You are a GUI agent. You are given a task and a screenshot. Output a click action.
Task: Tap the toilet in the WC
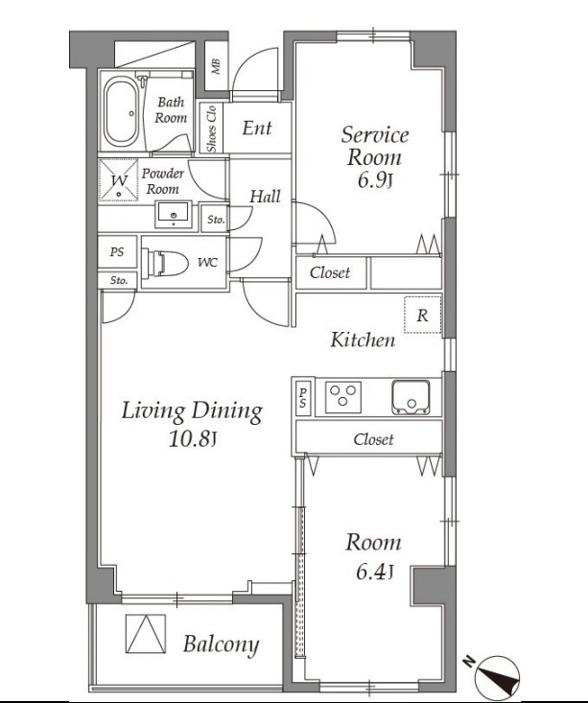(x=165, y=263)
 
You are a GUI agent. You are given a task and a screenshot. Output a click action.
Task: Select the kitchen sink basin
(x=411, y=397)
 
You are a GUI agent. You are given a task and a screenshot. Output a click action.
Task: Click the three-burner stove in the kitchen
(x=343, y=397)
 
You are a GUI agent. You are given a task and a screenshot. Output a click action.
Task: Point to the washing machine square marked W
(x=118, y=180)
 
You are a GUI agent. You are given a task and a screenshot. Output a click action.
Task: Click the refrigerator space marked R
(x=422, y=315)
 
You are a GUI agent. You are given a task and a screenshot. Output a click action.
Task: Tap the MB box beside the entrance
(x=216, y=66)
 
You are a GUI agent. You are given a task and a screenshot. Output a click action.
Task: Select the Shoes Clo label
(x=211, y=129)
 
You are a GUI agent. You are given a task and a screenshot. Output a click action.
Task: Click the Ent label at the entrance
(x=257, y=129)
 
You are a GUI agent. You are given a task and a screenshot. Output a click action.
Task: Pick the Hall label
(x=265, y=197)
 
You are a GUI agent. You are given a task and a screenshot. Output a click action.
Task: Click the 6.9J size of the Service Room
(x=375, y=180)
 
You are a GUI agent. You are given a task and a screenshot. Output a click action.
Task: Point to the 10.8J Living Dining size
(x=193, y=439)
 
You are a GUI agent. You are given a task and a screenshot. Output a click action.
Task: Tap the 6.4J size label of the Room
(x=374, y=572)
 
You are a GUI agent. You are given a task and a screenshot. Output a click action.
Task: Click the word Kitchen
(x=363, y=340)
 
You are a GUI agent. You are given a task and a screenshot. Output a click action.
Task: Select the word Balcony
(x=222, y=644)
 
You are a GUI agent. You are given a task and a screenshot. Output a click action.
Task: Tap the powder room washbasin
(x=174, y=214)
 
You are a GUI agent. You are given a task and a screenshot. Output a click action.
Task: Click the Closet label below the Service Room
(x=330, y=272)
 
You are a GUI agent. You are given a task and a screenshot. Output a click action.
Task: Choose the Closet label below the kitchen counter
(x=373, y=439)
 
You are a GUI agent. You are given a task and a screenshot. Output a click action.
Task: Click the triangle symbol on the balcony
(x=145, y=634)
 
